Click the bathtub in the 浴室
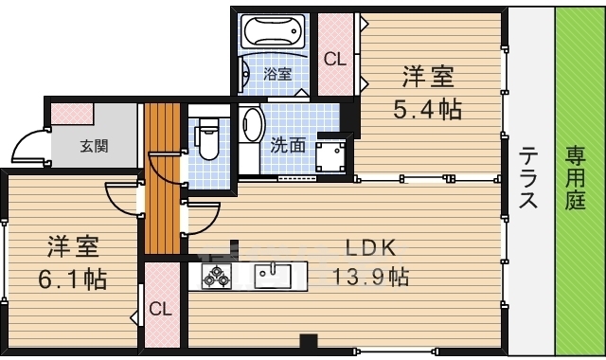point(274,31)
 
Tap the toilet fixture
point(207,138)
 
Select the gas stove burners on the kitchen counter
point(217,276)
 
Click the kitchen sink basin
point(273,276)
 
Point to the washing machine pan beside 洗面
point(330,157)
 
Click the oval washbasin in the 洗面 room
point(251,124)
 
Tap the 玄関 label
point(94,146)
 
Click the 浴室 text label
point(277,74)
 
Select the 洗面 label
point(288,145)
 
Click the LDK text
point(370,248)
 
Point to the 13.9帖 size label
point(370,277)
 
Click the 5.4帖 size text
point(427,109)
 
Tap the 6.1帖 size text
point(72,279)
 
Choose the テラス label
point(528,178)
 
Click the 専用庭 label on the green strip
point(576,178)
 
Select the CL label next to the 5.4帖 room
point(334,59)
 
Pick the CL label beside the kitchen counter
point(160,309)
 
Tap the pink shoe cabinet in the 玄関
point(72,114)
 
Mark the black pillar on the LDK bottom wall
point(309,341)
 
